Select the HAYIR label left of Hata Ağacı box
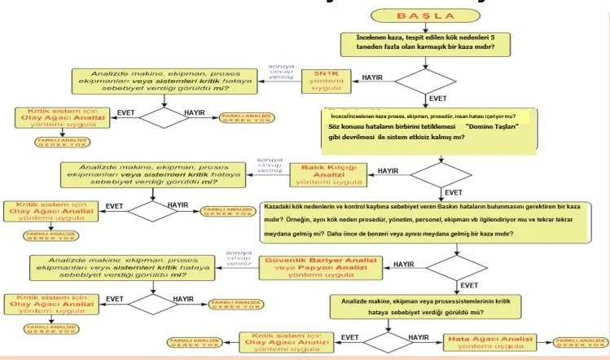click(419, 336)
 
